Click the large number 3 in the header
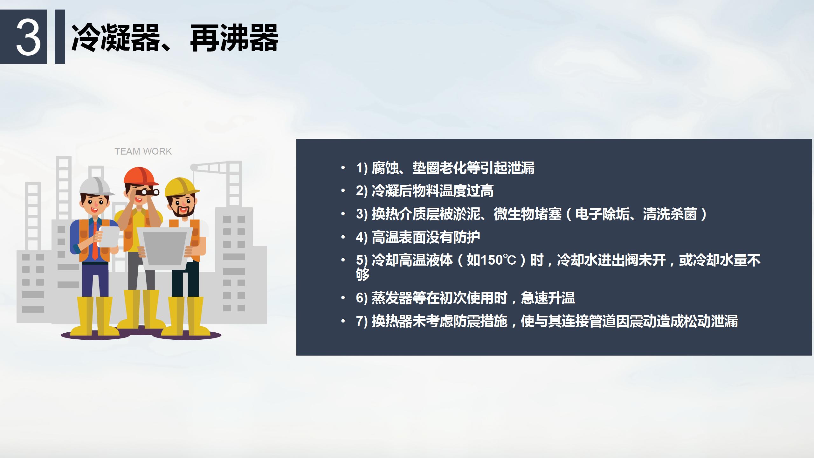coord(28,37)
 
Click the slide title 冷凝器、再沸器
coord(175,38)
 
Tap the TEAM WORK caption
coord(143,151)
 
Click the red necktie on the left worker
coord(95,240)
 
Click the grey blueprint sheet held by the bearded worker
coord(165,248)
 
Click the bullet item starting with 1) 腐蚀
coord(445,168)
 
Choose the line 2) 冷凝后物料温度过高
coord(425,191)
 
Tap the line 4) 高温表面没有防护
coord(418,237)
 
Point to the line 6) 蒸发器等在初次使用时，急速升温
coord(465,298)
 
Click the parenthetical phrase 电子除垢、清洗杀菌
coord(636,214)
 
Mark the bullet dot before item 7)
coord(343,321)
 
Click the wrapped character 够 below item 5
coord(363,274)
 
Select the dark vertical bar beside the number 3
coord(60,37)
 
